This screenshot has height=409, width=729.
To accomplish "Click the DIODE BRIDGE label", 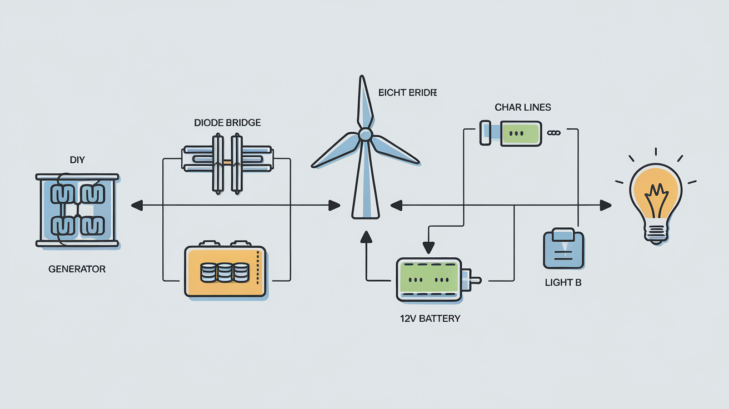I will point(227,122).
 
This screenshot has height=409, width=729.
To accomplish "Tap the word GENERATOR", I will point(77,269).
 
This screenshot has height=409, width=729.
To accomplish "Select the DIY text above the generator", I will point(77,160).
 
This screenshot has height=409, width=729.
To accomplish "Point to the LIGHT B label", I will point(563,282).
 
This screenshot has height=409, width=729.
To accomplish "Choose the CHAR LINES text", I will point(522,107).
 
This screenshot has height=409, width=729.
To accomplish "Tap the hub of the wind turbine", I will point(365,134).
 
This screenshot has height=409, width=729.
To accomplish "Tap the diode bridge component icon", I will point(227,162).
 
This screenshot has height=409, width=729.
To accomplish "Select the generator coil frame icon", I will point(77,210).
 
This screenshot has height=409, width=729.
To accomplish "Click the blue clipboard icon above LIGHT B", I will point(563,250).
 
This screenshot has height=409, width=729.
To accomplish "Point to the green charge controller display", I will point(520,134).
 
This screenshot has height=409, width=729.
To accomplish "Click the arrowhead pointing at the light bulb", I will point(606,206).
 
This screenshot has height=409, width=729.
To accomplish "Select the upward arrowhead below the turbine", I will point(366,236).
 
